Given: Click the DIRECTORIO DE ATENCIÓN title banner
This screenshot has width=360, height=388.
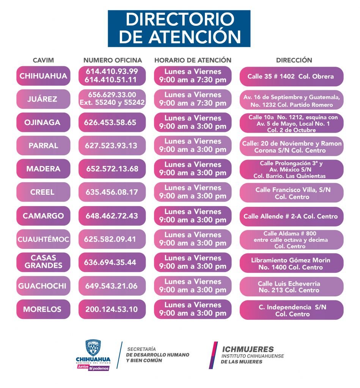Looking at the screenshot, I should pos(179,28).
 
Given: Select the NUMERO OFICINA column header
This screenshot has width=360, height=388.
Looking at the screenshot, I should pos(113,60).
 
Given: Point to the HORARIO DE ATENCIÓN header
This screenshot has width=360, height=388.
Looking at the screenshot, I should pos(193,60).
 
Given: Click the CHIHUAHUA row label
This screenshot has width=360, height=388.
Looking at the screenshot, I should pos(43,76).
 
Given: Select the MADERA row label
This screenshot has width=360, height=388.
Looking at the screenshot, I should pos(43,169).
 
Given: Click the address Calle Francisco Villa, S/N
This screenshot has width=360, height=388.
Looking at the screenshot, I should pos(291,192).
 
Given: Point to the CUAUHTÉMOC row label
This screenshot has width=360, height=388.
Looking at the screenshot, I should pos(43,239).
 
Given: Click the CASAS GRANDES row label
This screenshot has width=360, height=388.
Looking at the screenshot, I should pos(43,262).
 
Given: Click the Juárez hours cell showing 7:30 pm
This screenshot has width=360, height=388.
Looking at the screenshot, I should pos(193,99).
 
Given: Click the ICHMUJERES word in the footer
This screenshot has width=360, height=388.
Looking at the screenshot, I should pos(248,349).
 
